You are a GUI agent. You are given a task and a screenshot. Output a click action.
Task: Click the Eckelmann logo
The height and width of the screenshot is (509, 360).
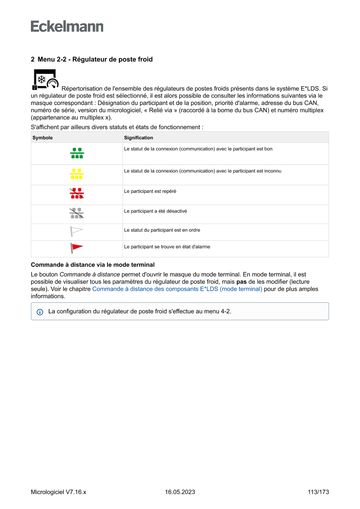pyautogui.click(x=67, y=27)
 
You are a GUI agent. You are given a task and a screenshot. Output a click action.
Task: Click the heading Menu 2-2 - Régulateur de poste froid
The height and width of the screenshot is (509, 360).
pyautogui.click(x=91, y=59)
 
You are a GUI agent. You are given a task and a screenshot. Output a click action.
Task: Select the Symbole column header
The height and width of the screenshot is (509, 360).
pyautogui.click(x=43, y=138)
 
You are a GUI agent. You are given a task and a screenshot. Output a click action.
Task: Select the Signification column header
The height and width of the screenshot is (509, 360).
pyautogui.click(x=138, y=138)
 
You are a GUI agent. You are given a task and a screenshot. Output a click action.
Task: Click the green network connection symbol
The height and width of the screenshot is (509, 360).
pyautogui.click(x=77, y=153)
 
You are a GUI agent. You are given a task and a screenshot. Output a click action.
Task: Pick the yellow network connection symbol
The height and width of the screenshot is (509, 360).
pyautogui.click(x=77, y=174)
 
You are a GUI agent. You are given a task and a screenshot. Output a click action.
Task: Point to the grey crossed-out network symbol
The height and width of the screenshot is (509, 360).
pyautogui.click(x=77, y=213)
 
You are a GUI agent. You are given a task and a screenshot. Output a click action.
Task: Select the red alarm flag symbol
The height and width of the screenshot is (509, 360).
pyautogui.click(x=77, y=248)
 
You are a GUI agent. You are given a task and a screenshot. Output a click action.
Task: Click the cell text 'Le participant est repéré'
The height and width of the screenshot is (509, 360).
pyautogui.click(x=150, y=191)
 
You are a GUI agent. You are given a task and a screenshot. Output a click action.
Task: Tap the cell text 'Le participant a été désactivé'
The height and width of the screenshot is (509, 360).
pyautogui.click(x=155, y=211)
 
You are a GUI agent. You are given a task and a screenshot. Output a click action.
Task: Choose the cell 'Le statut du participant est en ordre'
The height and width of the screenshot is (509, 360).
pyautogui.click(x=162, y=230)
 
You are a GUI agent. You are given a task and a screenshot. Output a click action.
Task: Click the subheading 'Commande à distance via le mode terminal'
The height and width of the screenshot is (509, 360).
pyautogui.click(x=93, y=265)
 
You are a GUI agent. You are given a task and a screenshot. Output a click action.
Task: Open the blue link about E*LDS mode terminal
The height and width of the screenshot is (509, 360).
pyautogui.click(x=177, y=289)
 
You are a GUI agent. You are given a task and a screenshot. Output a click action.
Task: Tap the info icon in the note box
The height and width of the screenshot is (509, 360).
pyautogui.click(x=40, y=312)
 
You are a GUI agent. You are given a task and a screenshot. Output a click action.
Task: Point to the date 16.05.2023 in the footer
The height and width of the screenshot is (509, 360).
pyautogui.click(x=180, y=492)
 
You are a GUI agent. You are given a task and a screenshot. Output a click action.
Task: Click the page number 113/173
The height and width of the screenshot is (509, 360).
pyautogui.click(x=318, y=492)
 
